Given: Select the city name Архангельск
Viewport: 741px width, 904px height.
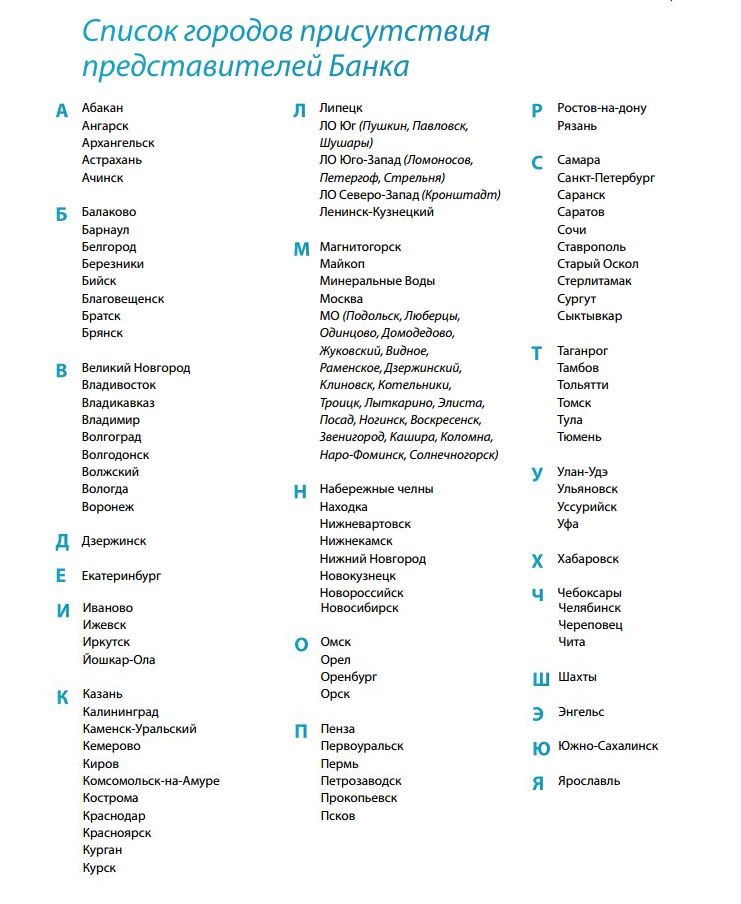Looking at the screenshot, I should pos(118,143).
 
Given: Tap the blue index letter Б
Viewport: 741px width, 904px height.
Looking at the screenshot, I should pos(62,214).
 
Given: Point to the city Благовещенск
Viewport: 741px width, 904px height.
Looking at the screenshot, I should pos(123,299).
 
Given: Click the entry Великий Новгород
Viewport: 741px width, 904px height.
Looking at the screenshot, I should pos(136,368).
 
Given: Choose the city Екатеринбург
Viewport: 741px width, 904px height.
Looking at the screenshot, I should pos(121,576).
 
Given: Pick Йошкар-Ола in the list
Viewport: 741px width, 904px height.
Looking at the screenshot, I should pos(119,660).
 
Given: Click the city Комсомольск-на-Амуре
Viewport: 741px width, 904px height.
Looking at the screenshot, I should pos(151,781).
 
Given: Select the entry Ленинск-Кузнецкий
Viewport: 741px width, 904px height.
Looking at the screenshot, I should pos(376,212).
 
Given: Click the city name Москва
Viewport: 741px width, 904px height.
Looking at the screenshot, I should pos(341,299).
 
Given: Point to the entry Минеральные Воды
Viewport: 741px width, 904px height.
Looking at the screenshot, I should pos(377,281).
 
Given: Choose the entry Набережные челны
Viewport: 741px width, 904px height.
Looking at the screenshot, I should pos(376,489).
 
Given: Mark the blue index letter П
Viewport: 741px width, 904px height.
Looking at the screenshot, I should pos(300,731).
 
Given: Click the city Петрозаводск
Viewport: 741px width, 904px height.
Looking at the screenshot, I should pos(361,781).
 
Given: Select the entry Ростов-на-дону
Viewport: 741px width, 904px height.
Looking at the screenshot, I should pos(602,108).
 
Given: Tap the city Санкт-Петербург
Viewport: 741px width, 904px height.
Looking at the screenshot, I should pos(606,177).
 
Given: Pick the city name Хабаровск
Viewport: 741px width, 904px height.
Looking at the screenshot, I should pos(588,559).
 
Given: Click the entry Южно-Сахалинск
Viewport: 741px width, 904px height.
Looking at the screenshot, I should pos(608,746).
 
